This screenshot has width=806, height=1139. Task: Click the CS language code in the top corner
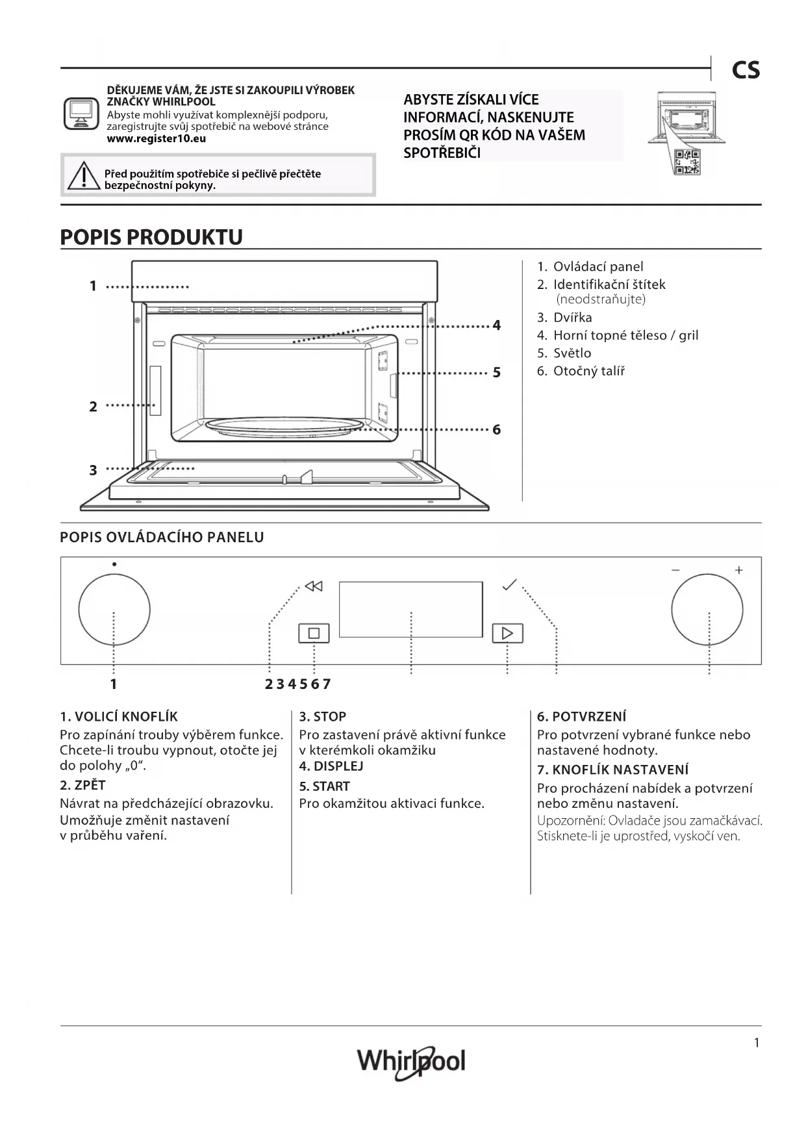click(x=745, y=70)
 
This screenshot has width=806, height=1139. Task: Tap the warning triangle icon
click(x=83, y=176)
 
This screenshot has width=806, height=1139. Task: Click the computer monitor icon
click(x=81, y=114)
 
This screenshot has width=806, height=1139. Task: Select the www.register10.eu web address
click(x=156, y=138)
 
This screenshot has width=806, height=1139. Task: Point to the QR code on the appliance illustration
click(x=686, y=161)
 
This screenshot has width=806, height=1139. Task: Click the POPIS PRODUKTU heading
click(x=151, y=237)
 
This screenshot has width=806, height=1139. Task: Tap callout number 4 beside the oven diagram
click(x=497, y=325)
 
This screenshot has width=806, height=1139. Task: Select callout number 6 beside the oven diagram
click(x=497, y=429)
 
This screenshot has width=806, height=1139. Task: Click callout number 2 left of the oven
click(x=93, y=407)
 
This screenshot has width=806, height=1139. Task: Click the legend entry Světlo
click(x=572, y=353)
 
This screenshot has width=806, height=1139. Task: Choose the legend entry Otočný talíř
click(x=588, y=371)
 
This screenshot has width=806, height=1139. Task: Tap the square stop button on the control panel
click(x=314, y=633)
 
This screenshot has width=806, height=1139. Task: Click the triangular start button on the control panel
click(x=507, y=633)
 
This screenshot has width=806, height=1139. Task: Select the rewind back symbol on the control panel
click(x=314, y=586)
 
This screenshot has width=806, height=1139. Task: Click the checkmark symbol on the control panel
click(x=510, y=584)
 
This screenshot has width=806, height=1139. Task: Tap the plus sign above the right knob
click(x=738, y=570)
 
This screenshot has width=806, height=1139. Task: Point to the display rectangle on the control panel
click(x=410, y=609)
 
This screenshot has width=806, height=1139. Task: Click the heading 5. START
click(x=324, y=786)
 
